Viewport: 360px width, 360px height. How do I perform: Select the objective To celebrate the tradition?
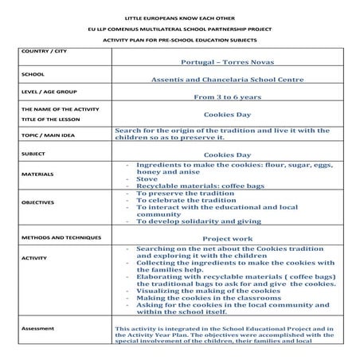click(186, 201)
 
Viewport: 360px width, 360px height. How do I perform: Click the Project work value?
click(227, 238)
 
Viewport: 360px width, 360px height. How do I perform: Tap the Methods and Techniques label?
click(61, 237)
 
